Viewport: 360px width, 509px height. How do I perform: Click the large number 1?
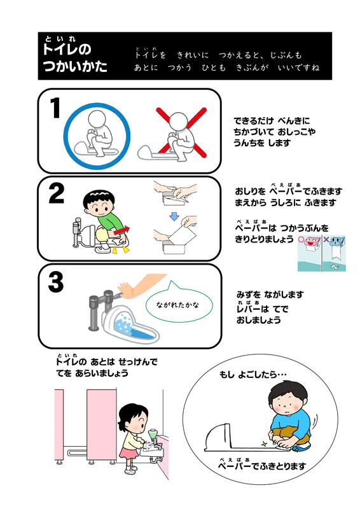[x=55, y=108]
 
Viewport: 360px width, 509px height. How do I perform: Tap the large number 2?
[x=57, y=194]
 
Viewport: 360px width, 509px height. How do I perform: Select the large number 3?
[x=56, y=282]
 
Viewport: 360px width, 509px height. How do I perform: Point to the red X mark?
[x=181, y=132]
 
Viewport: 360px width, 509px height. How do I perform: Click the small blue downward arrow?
[x=175, y=216]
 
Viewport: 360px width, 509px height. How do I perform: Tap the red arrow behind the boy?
[x=121, y=230]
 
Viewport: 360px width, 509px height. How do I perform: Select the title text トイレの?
[x=67, y=50]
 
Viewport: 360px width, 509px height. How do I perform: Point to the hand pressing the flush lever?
[x=125, y=289]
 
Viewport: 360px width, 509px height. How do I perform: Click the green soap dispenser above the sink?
[x=152, y=435]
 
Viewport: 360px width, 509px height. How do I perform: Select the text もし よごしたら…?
[x=253, y=375]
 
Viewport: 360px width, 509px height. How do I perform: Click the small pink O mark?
[x=301, y=240]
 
